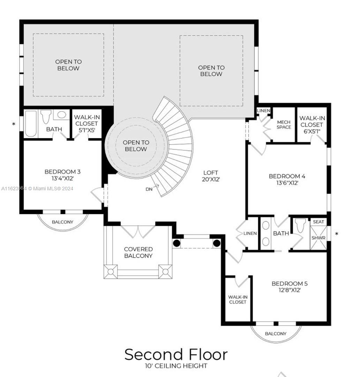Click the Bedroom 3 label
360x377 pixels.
(62, 172)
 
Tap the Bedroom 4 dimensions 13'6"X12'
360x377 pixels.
(287, 183)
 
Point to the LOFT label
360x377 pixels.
(211, 173)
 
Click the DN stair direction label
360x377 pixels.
(149, 189)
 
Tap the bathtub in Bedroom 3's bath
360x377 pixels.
(31, 124)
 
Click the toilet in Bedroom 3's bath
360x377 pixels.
(46, 116)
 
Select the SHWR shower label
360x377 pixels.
(318, 238)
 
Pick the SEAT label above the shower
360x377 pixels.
(319, 222)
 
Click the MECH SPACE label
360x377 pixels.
(284, 125)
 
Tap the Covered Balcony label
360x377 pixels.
(138, 252)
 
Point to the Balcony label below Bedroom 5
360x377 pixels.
(276, 333)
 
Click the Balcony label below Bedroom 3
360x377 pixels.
(62, 222)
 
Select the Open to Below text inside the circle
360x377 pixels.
(136, 146)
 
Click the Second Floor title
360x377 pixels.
(176, 354)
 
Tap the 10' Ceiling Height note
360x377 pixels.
(176, 366)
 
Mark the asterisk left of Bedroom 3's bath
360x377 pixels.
(14, 124)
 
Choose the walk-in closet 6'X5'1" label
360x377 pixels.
(312, 125)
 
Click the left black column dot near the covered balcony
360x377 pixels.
(177, 243)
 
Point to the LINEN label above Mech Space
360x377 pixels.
(264, 111)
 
